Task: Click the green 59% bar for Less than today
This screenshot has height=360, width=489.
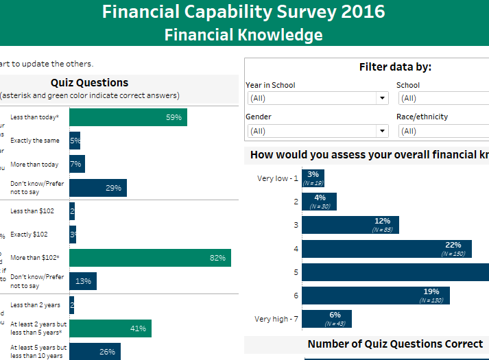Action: click(128, 117)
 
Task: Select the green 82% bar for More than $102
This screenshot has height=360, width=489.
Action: click(150, 258)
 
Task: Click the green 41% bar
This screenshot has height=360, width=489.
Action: click(110, 328)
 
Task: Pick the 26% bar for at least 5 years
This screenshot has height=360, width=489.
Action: click(95, 352)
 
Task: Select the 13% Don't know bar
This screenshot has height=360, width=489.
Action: click(83, 281)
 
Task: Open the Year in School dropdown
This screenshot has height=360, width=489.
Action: click(317, 99)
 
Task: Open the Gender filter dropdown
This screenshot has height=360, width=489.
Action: click(317, 131)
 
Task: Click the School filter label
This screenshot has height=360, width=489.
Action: click(407, 85)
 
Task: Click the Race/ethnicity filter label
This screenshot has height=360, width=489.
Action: click(422, 117)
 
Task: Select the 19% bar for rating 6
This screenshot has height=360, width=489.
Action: click(374, 296)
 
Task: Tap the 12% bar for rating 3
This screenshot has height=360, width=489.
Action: click(350, 225)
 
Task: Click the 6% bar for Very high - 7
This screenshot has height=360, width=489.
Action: click(317, 319)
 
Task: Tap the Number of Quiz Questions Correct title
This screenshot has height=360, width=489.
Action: click(395, 344)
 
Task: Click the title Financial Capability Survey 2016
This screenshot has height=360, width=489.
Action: click(243, 12)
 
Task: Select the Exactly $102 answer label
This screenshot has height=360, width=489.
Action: click(29, 235)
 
